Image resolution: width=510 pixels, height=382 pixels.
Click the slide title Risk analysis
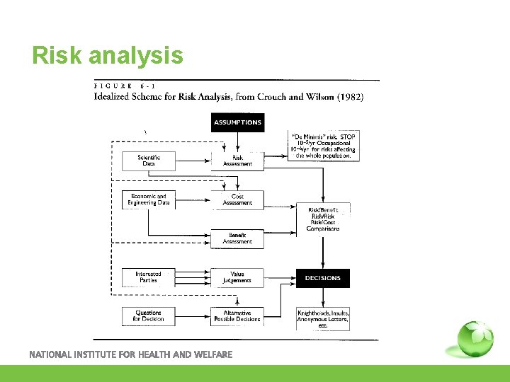point(108,55)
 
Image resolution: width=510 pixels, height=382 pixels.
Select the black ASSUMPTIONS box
point(237,122)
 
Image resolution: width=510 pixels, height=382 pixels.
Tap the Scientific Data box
point(149,161)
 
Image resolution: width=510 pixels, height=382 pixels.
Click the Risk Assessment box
point(237,161)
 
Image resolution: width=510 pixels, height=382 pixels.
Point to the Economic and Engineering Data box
point(149,199)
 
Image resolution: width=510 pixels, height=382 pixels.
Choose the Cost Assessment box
point(237,199)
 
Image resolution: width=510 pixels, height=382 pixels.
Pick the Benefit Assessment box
point(237,238)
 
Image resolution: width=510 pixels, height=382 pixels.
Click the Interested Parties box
point(149,277)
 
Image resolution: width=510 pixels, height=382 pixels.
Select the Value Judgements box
point(237,277)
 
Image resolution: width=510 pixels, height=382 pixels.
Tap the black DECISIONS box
point(323,278)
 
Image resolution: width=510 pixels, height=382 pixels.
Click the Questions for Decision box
point(149,316)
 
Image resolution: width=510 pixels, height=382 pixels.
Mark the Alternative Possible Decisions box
point(237,316)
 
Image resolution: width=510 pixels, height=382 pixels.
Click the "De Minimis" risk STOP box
point(323,146)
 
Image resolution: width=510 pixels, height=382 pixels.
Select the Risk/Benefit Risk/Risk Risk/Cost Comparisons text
point(323,219)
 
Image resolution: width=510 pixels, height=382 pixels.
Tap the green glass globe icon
point(474,340)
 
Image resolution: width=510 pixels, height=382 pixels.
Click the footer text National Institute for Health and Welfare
point(130,354)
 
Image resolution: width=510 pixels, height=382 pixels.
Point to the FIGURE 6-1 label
point(125,86)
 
